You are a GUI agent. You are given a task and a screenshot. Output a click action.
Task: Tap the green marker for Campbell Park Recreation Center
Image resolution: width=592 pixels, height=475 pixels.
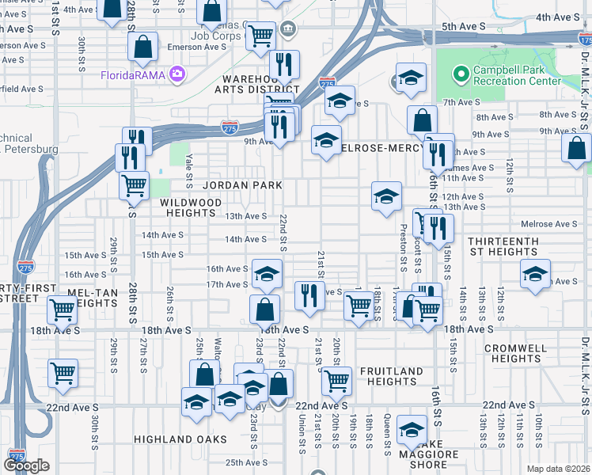pyautogui.click(x=461, y=74)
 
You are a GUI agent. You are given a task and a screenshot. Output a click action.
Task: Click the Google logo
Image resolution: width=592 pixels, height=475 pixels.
pyautogui.click(x=26, y=465)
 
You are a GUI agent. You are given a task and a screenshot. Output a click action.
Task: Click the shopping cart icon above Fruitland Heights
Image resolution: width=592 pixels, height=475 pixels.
pyautogui.click(x=336, y=382)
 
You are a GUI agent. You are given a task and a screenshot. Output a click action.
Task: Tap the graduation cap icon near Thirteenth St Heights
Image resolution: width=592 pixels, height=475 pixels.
pyautogui.click(x=535, y=274)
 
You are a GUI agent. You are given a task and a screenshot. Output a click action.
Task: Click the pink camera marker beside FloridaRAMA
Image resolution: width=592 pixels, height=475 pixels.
pyautogui.click(x=176, y=75)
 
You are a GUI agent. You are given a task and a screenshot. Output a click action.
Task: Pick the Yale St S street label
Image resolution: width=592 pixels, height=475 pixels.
pyautogui.click(x=189, y=171)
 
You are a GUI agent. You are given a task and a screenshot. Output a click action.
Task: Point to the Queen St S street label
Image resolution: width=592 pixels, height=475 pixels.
pyautogui.click(x=387, y=431)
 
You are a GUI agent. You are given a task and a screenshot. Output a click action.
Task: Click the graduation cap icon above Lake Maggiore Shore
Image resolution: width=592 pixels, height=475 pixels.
pyautogui.click(x=412, y=430)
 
